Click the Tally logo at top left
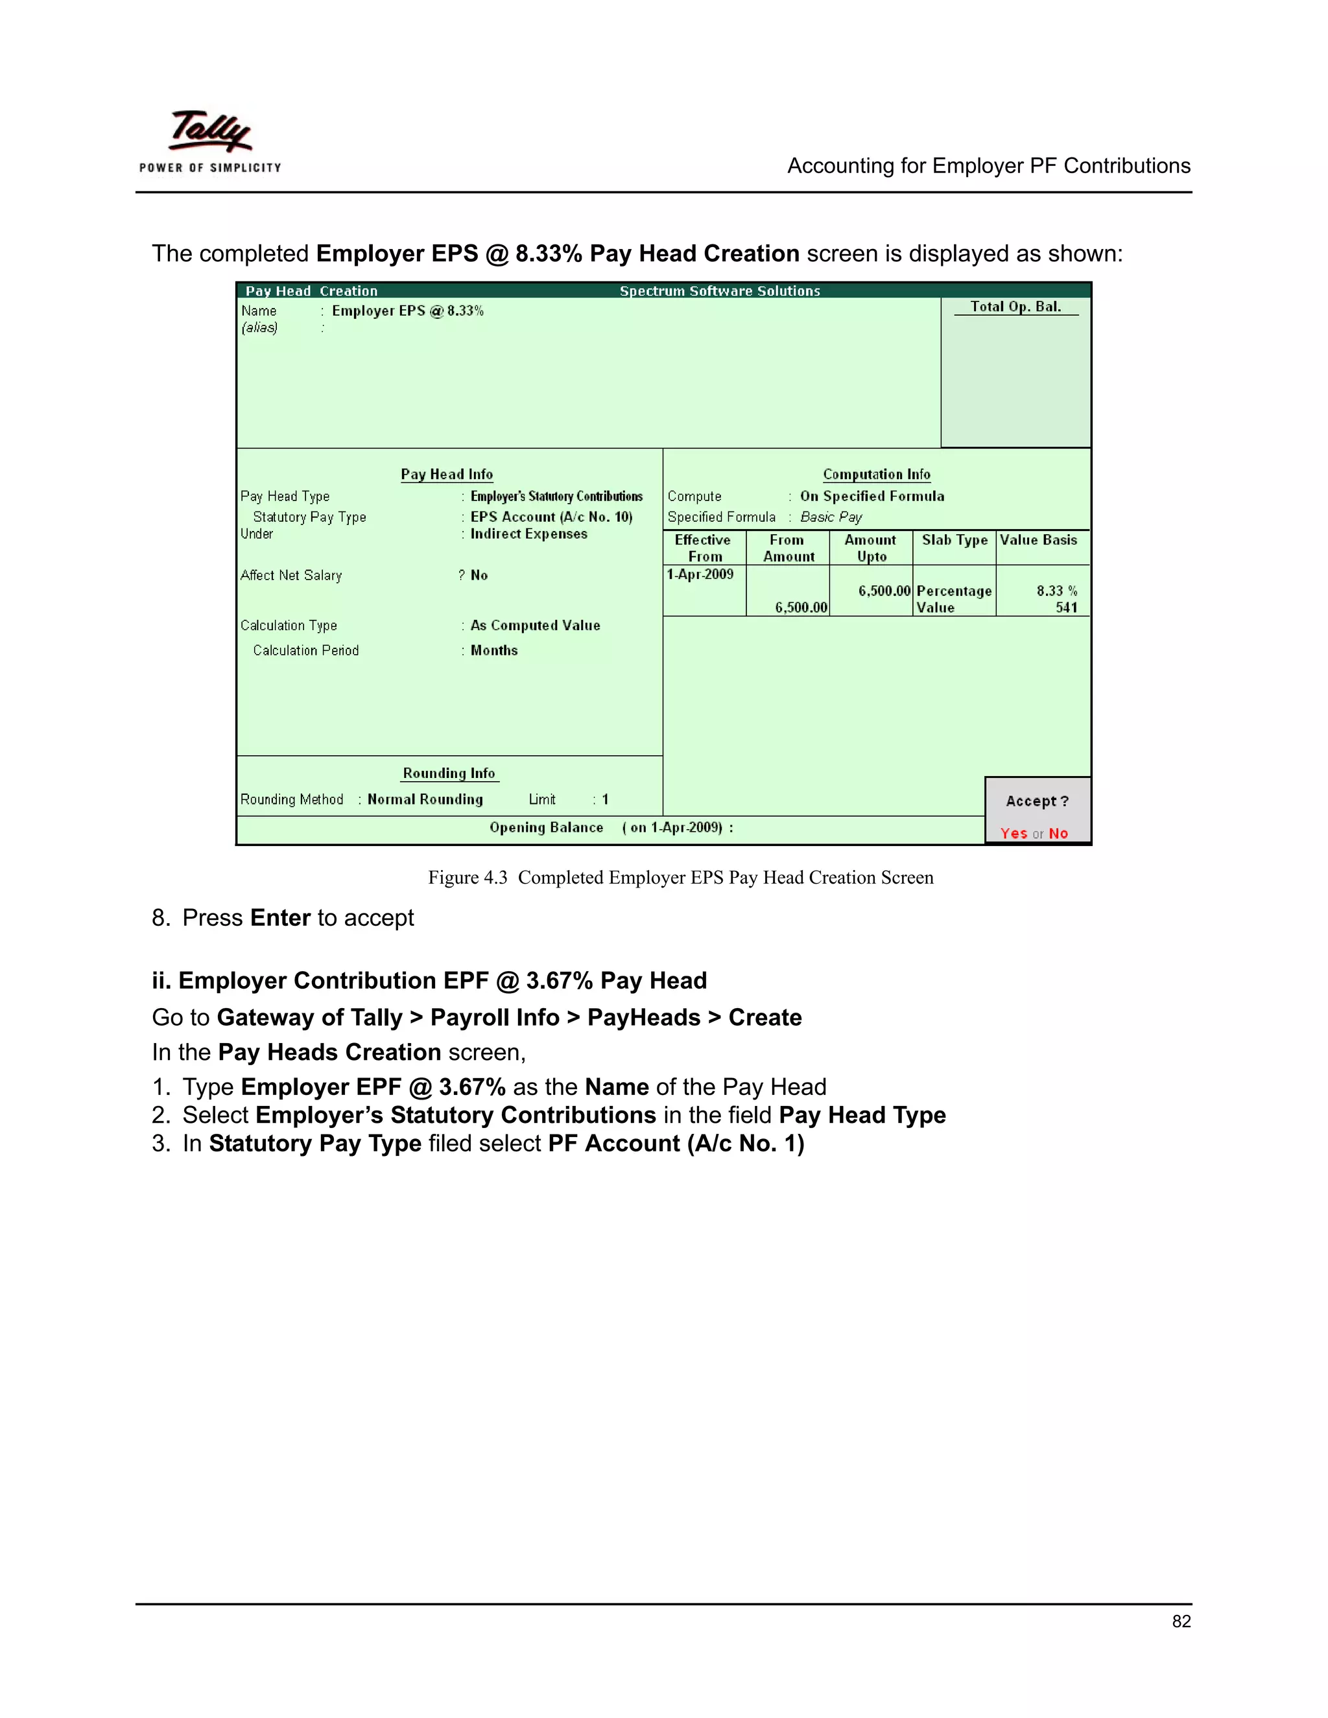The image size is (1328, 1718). coord(210,141)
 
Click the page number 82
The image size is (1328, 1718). coord(1181,1621)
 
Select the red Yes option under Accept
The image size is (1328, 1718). coord(1014,833)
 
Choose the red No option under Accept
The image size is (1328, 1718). coord(1058,833)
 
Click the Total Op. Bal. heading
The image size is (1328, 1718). coord(1015,307)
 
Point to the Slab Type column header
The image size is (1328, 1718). coord(954,539)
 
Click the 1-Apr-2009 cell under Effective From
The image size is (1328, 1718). coord(700,574)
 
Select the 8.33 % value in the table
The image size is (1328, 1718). coord(1056,591)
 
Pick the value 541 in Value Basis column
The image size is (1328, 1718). coord(1066,607)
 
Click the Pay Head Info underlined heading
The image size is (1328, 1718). coord(447,475)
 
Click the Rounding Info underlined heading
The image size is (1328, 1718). coord(449,773)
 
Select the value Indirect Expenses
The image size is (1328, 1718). coord(528,534)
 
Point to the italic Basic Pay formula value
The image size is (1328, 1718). coord(831,517)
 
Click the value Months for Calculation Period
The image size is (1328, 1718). coord(494,650)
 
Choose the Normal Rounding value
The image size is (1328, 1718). coord(425,799)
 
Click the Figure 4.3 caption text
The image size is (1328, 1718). coord(680,877)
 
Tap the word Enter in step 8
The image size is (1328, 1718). coord(280,918)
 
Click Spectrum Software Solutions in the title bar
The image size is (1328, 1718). coord(720,291)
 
